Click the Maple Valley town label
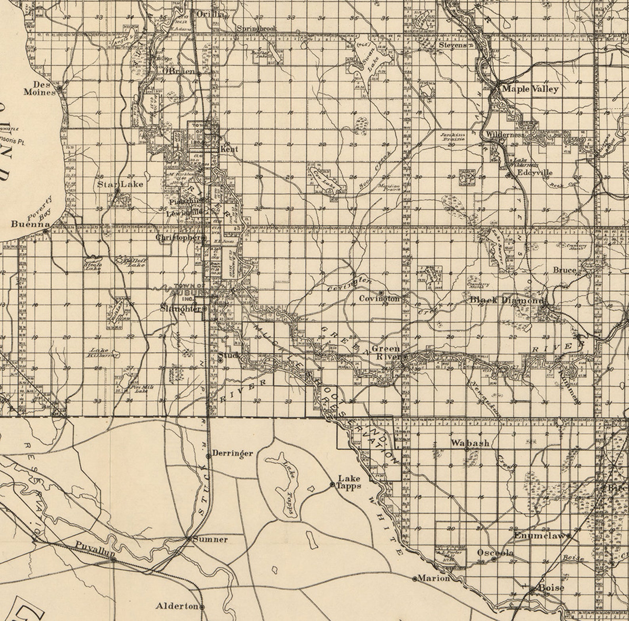coord(530,88)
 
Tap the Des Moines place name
coord(39,88)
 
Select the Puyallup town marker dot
coord(114,560)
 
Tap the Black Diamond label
coord(506,300)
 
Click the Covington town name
coord(379,299)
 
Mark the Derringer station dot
coord(208,456)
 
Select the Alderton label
coord(177,606)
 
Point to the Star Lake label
coord(120,184)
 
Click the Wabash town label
coord(470,443)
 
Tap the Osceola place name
coord(495,553)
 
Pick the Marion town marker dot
coord(415,579)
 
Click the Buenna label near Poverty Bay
coord(30,224)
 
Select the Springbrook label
coord(257,29)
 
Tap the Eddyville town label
coord(535,172)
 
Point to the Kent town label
coord(229,149)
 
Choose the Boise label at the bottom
coord(551,588)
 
